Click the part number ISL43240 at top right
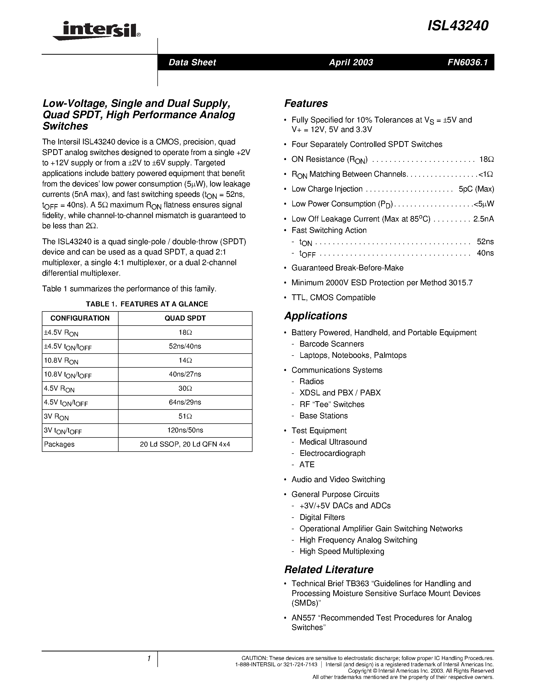pyautogui.click(x=458, y=26)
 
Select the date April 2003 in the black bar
pyautogui.click(x=351, y=62)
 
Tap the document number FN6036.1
pyautogui.click(x=467, y=62)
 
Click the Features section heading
pyautogui.click(x=306, y=103)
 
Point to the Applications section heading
pyautogui.click(x=316, y=316)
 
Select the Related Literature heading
pyautogui.click(x=329, y=569)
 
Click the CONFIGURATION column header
pyautogui.click(x=80, y=318)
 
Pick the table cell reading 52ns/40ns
pyautogui.click(x=185, y=346)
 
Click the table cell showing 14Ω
pyautogui.click(x=185, y=360)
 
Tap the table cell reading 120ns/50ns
pyautogui.click(x=185, y=430)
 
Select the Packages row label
pyautogui.click(x=59, y=444)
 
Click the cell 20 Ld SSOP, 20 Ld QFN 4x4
pyautogui.click(x=185, y=444)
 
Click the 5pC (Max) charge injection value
pyautogui.click(x=476, y=189)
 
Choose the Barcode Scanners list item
pyautogui.click(x=331, y=344)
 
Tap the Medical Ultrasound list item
pyautogui.click(x=333, y=442)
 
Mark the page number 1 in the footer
pyautogui.click(x=148, y=659)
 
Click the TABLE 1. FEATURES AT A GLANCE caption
pyautogui.click(x=147, y=304)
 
